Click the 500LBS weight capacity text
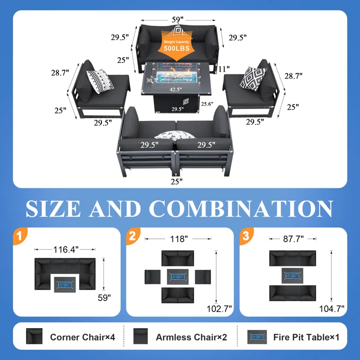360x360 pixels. (x=176, y=49)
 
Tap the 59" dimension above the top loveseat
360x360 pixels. (x=178, y=20)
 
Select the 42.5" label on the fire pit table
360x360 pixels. (x=175, y=90)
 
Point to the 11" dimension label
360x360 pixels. (x=224, y=69)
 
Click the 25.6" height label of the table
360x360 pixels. (x=207, y=104)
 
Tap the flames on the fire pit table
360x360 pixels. (x=177, y=72)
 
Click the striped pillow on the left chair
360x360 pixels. (x=100, y=81)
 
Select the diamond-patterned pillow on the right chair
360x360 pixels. (x=253, y=79)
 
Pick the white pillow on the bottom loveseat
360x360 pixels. (x=175, y=135)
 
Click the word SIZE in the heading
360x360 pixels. (x=53, y=208)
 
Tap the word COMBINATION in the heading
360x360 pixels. (x=241, y=208)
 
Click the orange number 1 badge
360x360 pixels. (x=20, y=236)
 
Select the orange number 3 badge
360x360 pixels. (x=246, y=236)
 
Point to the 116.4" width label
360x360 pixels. (x=66, y=249)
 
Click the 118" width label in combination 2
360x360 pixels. (x=179, y=239)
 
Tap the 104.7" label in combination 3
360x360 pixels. (x=332, y=309)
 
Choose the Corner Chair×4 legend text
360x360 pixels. (x=82, y=337)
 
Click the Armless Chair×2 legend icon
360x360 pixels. (x=140, y=336)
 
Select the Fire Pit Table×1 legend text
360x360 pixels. (x=306, y=337)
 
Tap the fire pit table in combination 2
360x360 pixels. (x=177, y=277)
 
